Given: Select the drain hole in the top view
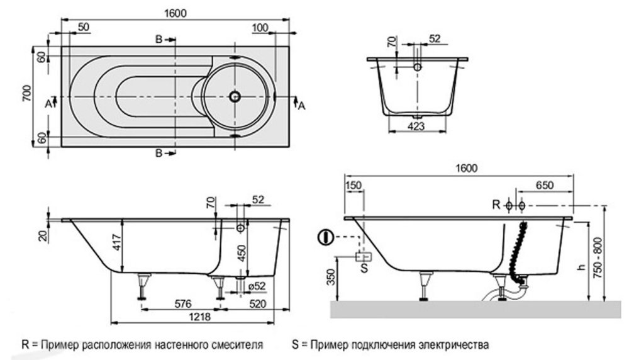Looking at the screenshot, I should tap(235, 97).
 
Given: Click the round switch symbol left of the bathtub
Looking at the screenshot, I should tap(324, 237).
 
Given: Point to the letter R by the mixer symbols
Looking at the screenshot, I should tap(496, 205).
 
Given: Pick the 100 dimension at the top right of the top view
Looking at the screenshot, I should tap(260, 28).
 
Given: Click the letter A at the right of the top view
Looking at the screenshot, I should tap(301, 105).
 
